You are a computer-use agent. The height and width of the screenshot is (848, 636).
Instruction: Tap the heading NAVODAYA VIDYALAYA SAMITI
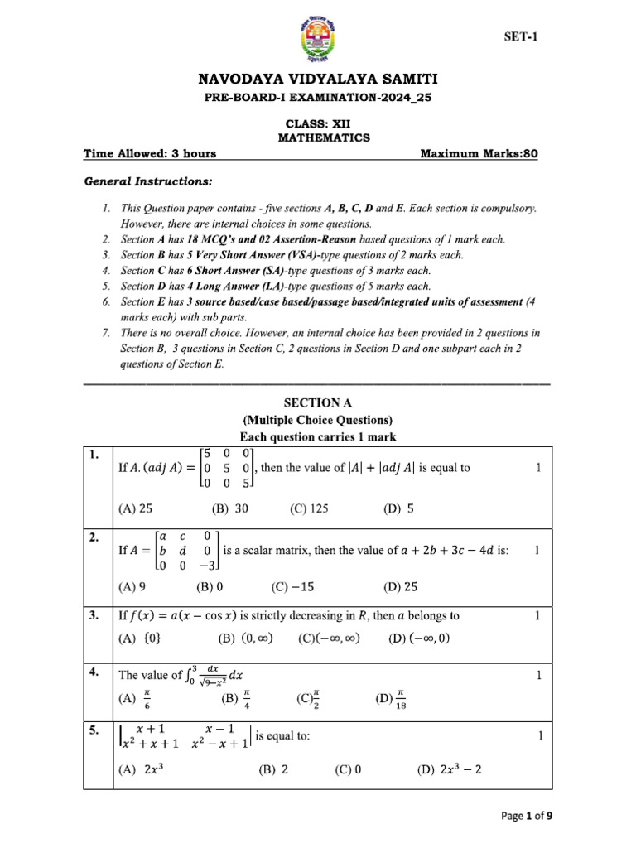[318, 79]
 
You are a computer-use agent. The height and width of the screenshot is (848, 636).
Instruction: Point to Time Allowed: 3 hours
[150, 153]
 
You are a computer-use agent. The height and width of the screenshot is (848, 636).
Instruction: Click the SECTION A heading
[317, 402]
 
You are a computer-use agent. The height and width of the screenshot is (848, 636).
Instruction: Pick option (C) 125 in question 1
[309, 510]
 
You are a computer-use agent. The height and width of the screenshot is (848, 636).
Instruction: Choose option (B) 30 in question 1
[230, 510]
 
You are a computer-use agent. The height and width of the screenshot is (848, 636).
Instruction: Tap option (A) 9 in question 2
[132, 587]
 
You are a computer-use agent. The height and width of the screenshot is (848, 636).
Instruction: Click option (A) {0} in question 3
[140, 638]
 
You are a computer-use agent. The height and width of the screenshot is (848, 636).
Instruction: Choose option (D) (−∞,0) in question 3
[419, 638]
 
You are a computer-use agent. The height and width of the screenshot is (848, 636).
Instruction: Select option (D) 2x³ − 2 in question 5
[450, 769]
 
